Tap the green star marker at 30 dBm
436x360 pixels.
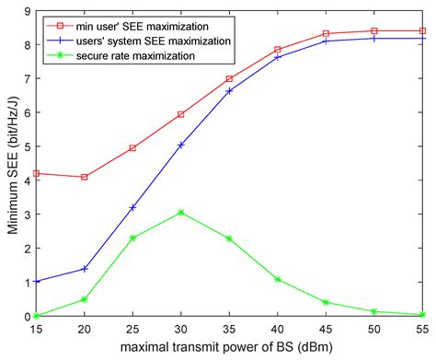pyautogui.click(x=181, y=213)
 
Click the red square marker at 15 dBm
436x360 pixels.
pyautogui.click(x=36, y=173)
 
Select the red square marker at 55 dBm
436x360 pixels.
pyautogui.click(x=422, y=30)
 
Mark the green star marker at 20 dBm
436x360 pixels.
pyautogui.click(x=85, y=299)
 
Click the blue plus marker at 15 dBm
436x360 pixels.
pyautogui.click(x=36, y=282)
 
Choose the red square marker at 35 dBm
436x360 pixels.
pyautogui.click(x=229, y=79)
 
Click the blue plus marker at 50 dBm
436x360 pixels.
pyautogui.click(x=374, y=38)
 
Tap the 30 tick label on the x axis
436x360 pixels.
pyautogui.click(x=181, y=329)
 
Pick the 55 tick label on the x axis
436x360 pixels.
pyautogui.click(x=421, y=329)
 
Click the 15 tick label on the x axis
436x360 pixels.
pyautogui.click(x=36, y=329)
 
